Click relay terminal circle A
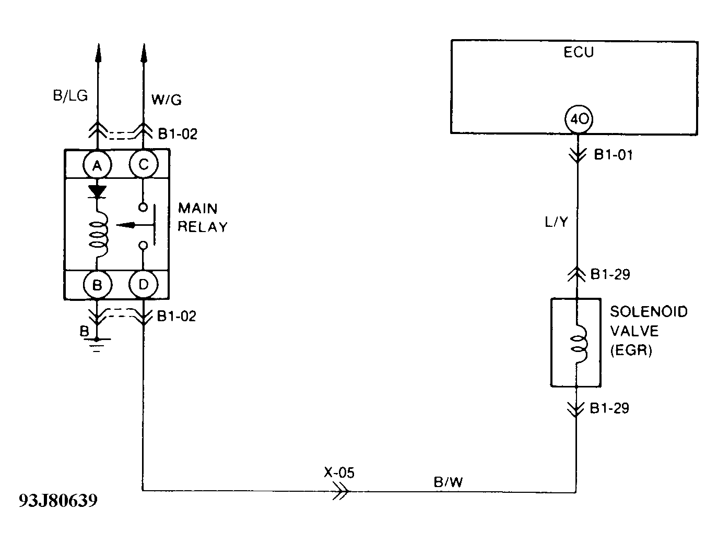(x=97, y=165)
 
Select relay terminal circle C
(x=143, y=165)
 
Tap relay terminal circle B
(x=97, y=285)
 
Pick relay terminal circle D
(x=143, y=285)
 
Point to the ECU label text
(x=579, y=52)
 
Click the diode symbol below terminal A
(x=97, y=191)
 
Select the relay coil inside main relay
(x=98, y=233)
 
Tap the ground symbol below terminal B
(x=97, y=343)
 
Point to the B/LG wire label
(x=70, y=96)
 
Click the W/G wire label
(x=167, y=99)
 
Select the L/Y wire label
(x=556, y=223)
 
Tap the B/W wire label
(x=448, y=482)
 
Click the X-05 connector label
(x=338, y=472)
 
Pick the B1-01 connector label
(x=613, y=155)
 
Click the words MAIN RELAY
(x=203, y=217)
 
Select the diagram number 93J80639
(x=58, y=501)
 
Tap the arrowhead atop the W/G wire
(x=144, y=53)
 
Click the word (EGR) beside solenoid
(x=631, y=350)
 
